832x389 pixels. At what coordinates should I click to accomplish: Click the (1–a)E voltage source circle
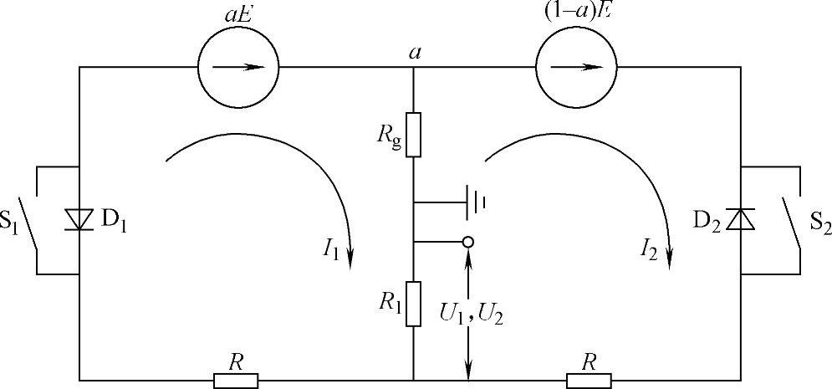[575, 68]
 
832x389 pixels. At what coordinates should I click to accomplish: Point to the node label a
[413, 52]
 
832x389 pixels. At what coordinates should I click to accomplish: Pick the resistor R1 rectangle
[413, 303]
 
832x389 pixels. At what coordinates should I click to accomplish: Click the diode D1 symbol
[79, 220]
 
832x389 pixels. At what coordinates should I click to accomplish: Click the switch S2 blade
[791, 220]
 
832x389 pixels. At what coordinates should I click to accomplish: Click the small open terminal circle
[468, 242]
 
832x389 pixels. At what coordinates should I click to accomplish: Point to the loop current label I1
[329, 250]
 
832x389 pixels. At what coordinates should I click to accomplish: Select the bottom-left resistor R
[237, 381]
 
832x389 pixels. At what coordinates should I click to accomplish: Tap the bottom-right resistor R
[590, 381]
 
